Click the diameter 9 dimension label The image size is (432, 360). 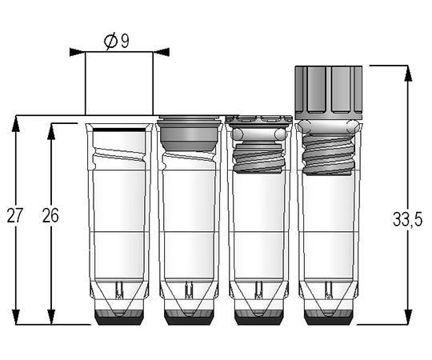click(117, 42)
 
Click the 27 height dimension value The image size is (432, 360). click(14, 215)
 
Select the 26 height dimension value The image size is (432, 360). click(50, 215)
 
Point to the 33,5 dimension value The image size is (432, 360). click(407, 220)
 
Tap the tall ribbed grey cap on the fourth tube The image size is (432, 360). click(329, 93)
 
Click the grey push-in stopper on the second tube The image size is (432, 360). click(190, 134)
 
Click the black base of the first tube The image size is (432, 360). click(119, 318)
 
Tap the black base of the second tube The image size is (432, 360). click(189, 318)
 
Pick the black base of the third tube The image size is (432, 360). click(259, 318)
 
